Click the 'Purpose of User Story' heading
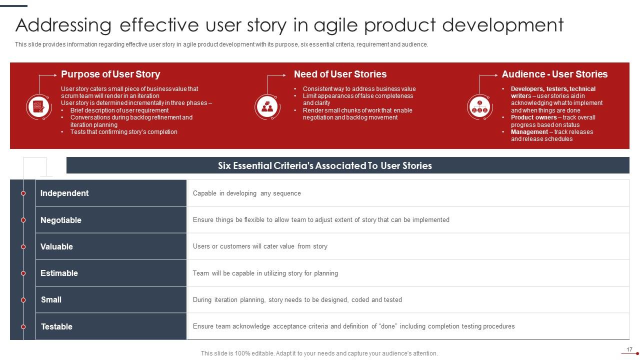(x=110, y=74)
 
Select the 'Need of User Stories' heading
(x=340, y=74)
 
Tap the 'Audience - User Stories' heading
(x=554, y=74)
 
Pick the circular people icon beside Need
(x=267, y=106)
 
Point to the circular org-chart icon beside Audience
(x=479, y=106)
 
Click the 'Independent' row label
(x=64, y=193)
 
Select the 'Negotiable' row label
(x=60, y=220)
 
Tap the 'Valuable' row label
(x=56, y=246)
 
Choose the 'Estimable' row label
(x=59, y=273)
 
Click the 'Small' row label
(x=51, y=299)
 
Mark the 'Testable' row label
(x=56, y=326)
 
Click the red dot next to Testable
(x=23, y=326)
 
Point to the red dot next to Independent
(x=23, y=193)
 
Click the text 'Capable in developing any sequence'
(x=246, y=193)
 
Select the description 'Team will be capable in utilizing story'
(x=265, y=273)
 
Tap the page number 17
(x=629, y=349)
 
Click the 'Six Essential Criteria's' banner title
(x=324, y=165)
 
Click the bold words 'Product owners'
(x=533, y=117)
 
